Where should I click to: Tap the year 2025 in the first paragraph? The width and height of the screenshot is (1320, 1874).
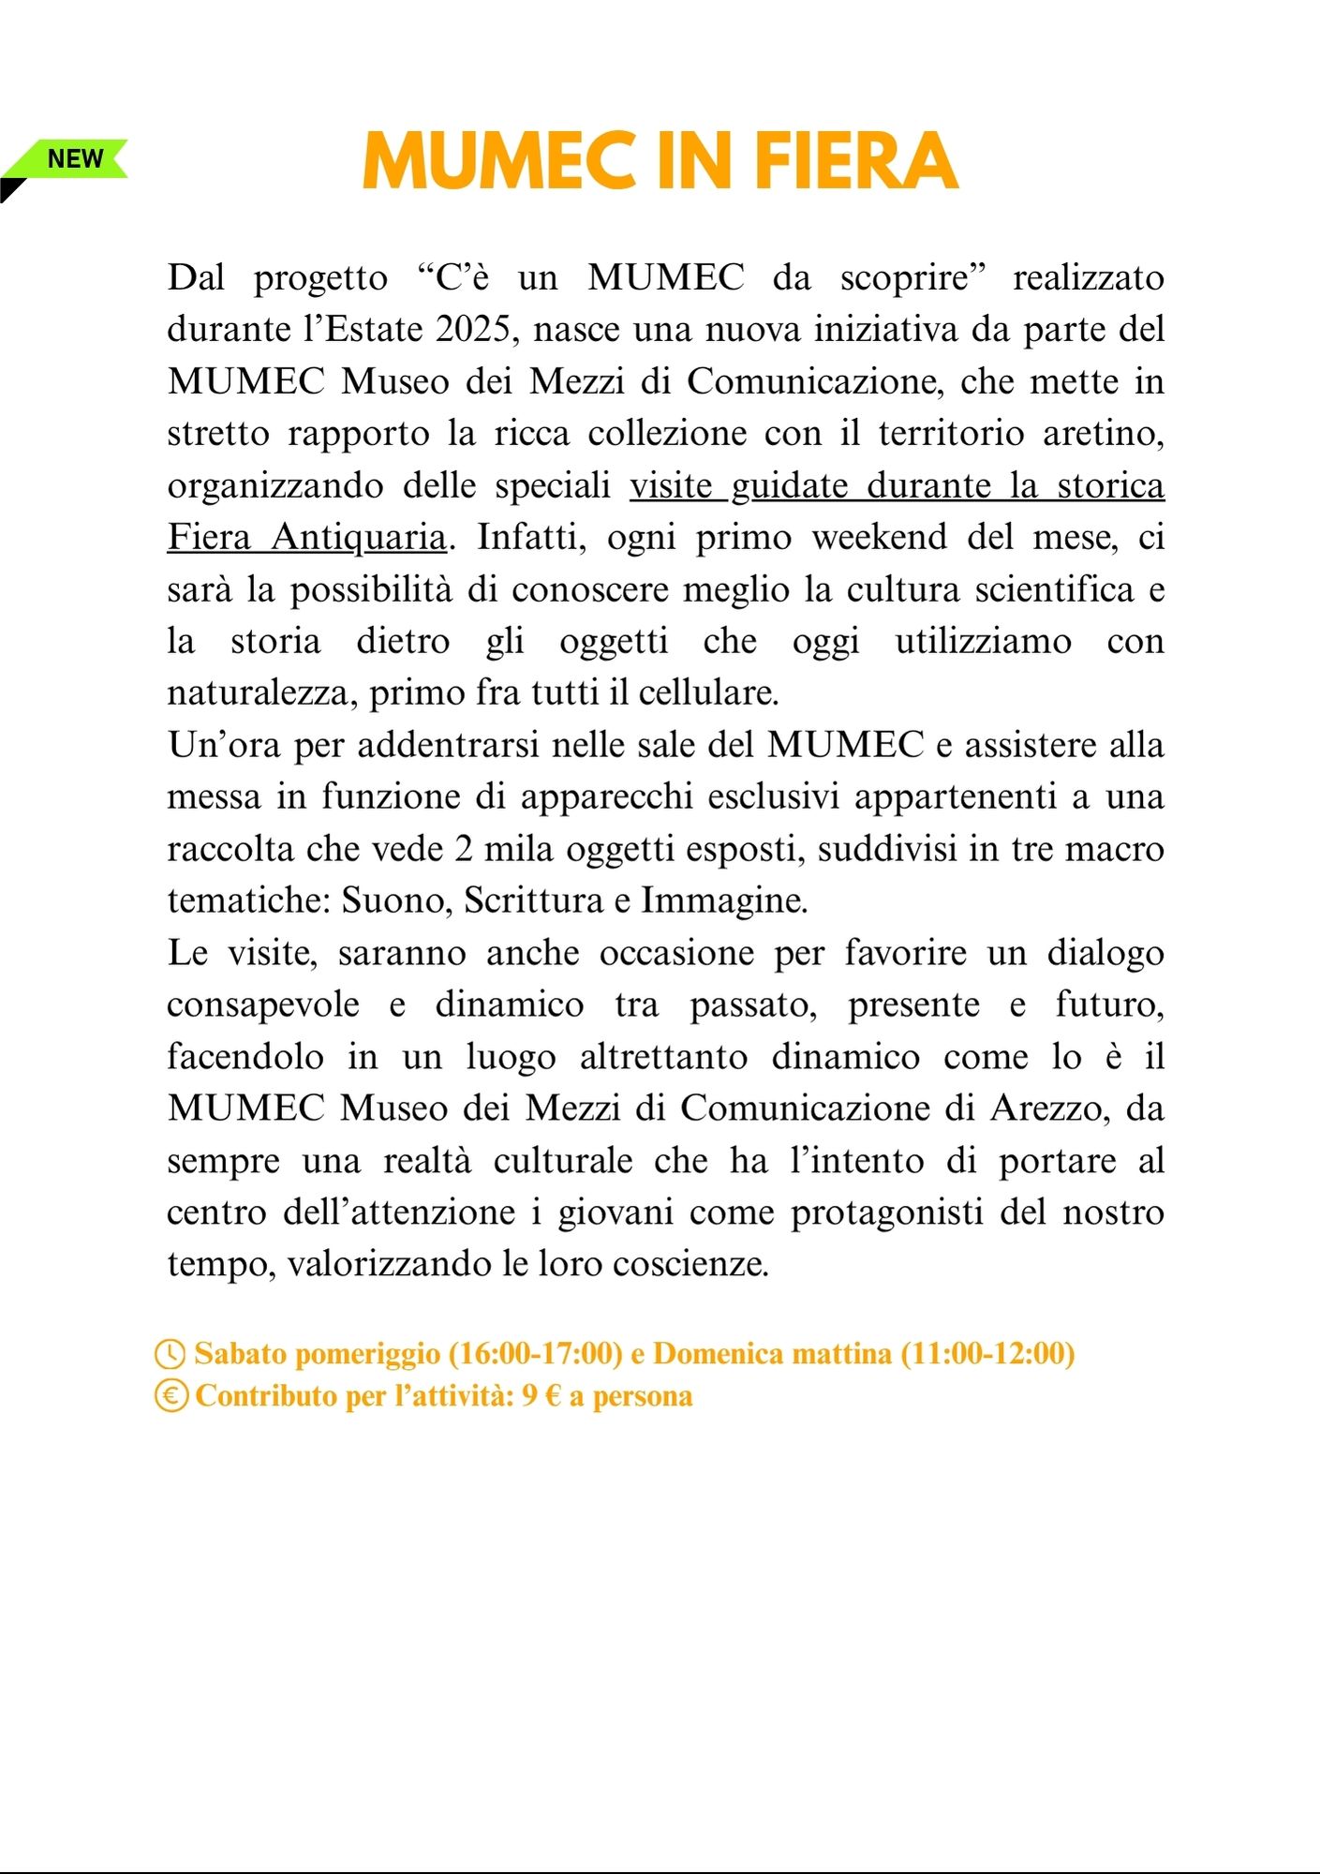pos(478,330)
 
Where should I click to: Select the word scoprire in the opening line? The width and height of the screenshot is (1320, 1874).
pos(912,278)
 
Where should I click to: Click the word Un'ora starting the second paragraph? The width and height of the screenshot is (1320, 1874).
pos(225,745)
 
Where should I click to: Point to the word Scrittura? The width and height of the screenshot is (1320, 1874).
pos(534,900)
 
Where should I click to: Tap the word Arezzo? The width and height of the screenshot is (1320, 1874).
pos(1049,1108)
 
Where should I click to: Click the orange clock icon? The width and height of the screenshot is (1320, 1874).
pos(170,1355)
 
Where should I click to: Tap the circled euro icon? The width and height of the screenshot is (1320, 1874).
pos(171,1396)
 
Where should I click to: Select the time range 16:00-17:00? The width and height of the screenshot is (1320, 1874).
pos(536,1354)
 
